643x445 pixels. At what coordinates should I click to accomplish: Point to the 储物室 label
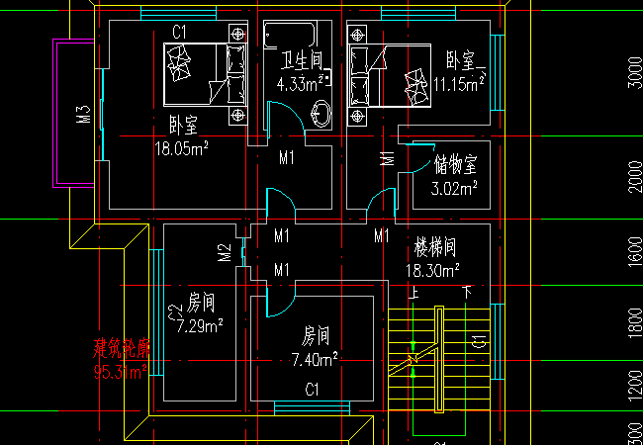(x=456, y=163)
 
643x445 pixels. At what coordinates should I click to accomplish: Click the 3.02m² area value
(x=456, y=185)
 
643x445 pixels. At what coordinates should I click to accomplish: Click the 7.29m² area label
(x=199, y=324)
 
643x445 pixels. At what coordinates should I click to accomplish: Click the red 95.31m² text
(x=121, y=372)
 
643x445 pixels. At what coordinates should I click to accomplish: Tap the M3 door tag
(x=84, y=115)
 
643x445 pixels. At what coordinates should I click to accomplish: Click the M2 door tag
(x=225, y=253)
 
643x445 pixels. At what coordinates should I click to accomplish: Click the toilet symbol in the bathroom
(x=322, y=113)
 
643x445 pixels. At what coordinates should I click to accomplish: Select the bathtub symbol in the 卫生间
(x=298, y=35)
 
